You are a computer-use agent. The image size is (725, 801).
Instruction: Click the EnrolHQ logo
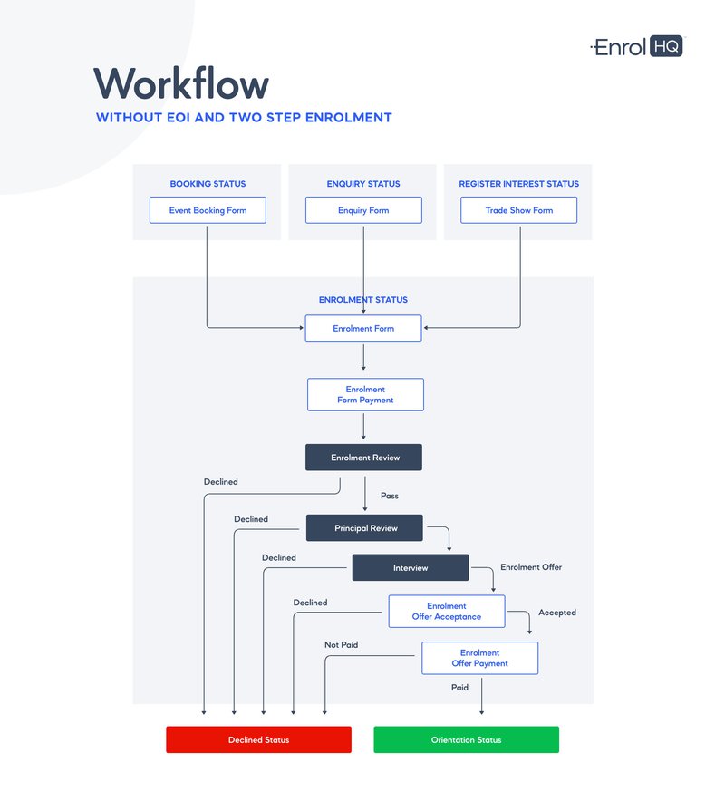click(x=637, y=47)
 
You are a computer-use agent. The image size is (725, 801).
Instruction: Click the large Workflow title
click(x=181, y=84)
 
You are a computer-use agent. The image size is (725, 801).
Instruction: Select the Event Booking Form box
click(x=208, y=210)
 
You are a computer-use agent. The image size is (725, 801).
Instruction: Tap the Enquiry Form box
click(x=363, y=210)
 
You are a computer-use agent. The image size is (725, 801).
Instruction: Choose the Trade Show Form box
click(x=519, y=210)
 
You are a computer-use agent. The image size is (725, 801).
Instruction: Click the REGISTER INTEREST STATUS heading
click(x=518, y=184)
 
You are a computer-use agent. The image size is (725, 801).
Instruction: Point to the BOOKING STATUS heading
click(x=208, y=184)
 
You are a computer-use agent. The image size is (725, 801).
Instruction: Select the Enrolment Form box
click(x=363, y=328)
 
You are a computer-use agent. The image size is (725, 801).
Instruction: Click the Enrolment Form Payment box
click(x=365, y=395)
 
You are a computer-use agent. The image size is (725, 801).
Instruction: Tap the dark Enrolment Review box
click(x=364, y=458)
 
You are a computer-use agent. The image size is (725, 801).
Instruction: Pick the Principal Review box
click(x=365, y=528)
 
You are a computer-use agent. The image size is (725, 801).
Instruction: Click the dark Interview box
click(x=411, y=568)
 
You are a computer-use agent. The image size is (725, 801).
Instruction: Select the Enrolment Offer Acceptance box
click(x=447, y=612)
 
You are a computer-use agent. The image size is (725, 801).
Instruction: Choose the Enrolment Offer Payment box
click(x=479, y=658)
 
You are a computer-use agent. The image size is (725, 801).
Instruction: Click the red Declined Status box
click(x=258, y=739)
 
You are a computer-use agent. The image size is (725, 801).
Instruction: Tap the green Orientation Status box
click(x=466, y=739)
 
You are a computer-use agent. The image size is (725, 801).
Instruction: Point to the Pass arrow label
click(x=390, y=496)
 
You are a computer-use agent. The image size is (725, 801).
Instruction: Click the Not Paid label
click(x=342, y=645)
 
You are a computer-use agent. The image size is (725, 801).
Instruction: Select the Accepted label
click(x=557, y=613)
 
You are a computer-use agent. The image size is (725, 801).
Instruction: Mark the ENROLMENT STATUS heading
click(x=363, y=300)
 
